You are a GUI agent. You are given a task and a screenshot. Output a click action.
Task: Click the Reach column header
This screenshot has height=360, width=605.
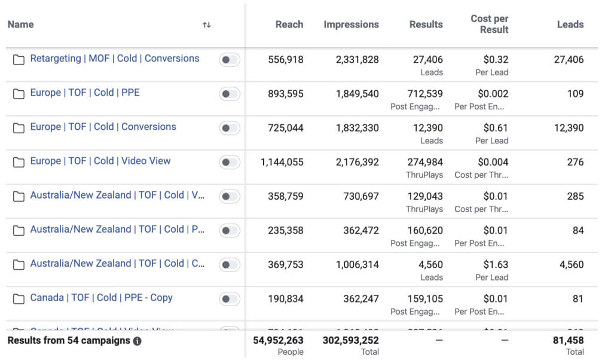289,25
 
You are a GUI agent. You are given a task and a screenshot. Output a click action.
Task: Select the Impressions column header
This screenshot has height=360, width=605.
351,25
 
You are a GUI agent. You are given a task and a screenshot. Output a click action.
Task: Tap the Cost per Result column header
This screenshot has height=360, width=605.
489,24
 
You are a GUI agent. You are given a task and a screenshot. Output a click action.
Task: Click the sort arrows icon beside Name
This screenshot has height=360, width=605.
207,25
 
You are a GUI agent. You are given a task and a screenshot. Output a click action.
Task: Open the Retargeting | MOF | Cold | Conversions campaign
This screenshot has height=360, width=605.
114,59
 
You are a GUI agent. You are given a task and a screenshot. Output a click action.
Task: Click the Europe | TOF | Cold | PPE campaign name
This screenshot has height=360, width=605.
85,93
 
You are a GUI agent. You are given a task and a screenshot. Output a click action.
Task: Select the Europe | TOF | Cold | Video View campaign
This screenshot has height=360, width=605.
100,161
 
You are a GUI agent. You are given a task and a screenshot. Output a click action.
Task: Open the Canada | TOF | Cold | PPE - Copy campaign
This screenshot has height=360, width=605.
101,297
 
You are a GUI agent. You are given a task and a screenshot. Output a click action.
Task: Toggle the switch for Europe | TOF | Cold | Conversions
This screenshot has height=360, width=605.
230,128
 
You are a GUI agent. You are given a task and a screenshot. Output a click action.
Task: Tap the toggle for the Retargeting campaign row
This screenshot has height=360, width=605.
230,60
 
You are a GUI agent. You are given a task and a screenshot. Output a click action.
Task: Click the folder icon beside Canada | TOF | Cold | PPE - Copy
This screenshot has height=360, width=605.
19,298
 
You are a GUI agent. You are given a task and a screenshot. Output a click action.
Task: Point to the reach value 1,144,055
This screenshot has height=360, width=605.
282,161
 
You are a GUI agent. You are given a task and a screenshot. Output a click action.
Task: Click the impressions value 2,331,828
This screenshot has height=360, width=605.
357,59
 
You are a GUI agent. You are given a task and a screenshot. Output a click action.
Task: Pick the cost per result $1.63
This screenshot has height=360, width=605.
496,264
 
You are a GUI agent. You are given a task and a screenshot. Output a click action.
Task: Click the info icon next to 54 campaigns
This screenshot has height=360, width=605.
137,341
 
